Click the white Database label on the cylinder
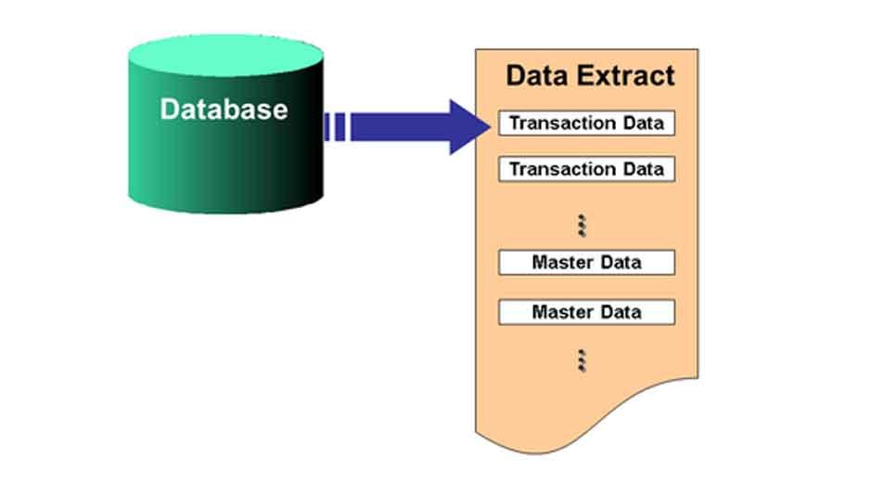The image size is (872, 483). pos(224,109)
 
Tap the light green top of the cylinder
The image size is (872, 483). pos(225,56)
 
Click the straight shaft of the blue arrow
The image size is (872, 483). pos(399,126)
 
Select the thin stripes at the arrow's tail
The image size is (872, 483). pos(336,126)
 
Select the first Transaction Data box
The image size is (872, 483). pos(586,124)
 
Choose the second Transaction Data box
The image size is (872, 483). pos(586,169)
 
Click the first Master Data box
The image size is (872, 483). pos(586,262)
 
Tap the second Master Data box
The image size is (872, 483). pos(586,312)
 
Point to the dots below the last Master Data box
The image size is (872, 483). pos(583,360)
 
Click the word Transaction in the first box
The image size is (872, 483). pos(563,124)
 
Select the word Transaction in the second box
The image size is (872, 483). pos(563,169)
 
